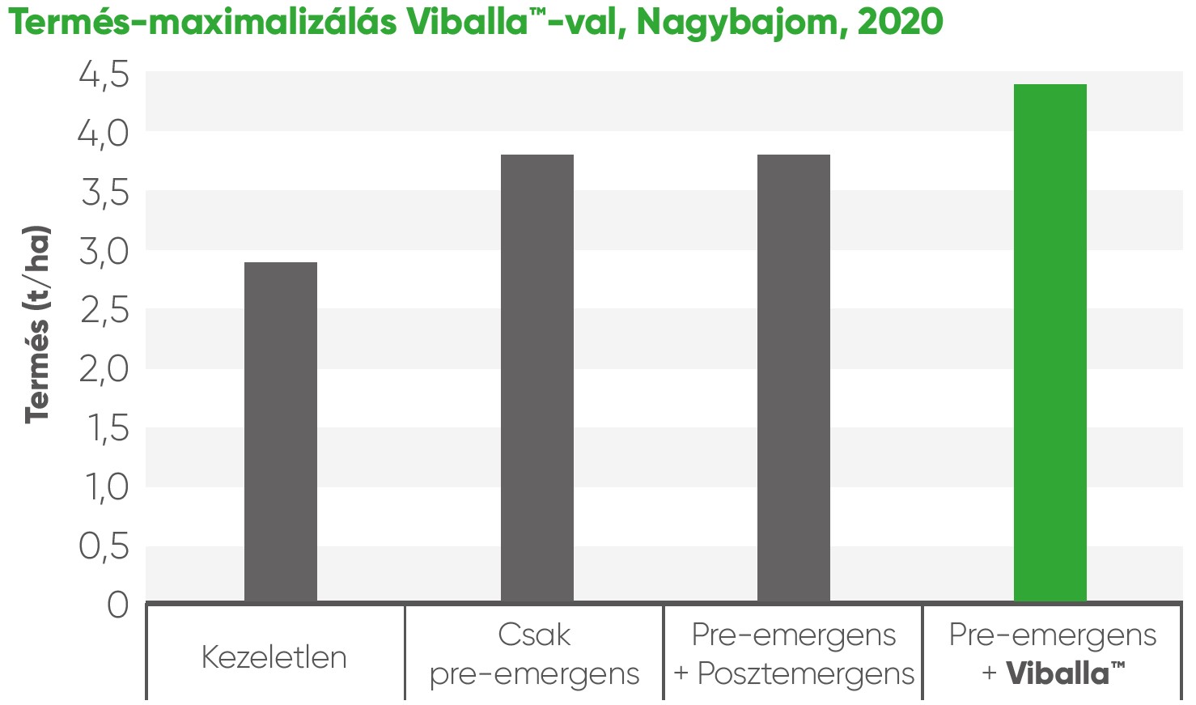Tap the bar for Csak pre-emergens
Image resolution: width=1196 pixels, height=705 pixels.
click(x=537, y=378)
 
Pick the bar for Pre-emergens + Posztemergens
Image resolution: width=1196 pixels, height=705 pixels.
click(x=793, y=378)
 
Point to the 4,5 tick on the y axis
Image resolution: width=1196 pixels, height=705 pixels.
click(x=104, y=75)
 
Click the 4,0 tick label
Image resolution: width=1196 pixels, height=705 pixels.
click(x=104, y=134)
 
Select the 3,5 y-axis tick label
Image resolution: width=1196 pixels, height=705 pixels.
click(x=104, y=194)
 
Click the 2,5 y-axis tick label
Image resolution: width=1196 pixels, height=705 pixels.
click(x=104, y=312)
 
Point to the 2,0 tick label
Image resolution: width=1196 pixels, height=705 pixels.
click(x=104, y=371)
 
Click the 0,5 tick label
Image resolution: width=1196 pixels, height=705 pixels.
click(x=104, y=547)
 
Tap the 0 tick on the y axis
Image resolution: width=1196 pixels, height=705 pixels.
click(x=118, y=605)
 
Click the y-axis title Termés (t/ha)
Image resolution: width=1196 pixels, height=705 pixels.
click(x=37, y=324)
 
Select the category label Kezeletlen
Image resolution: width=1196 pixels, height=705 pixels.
click(x=274, y=657)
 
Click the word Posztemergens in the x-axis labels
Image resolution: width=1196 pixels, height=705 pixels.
click(x=805, y=674)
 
